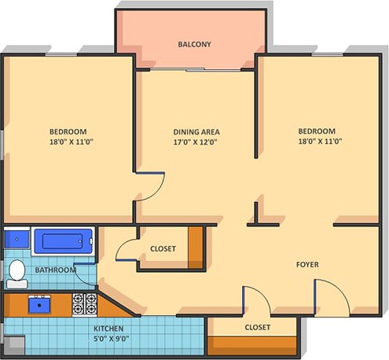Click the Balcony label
pos(194,44)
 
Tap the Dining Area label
pos(196,131)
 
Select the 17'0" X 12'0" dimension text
pos(196,143)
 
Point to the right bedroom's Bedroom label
pos(316,131)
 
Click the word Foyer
pos(306,265)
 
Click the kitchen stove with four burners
pos(83,300)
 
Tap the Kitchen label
pos(108,328)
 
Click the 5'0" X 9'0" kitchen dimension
pos(108,340)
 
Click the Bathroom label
pos(55,270)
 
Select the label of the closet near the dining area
pos(163,249)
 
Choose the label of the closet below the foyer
pos(257,327)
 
